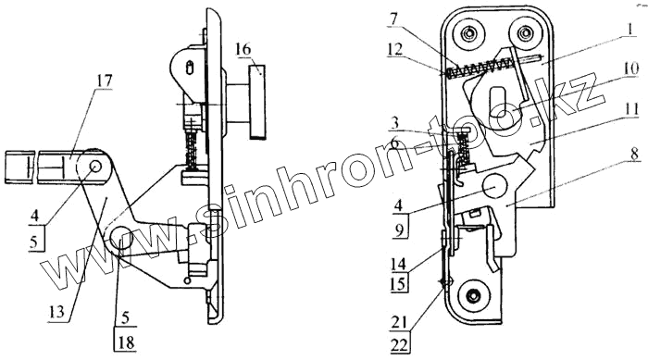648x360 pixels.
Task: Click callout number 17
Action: (104, 81)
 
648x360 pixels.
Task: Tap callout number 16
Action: (243, 50)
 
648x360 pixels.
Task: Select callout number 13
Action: (56, 311)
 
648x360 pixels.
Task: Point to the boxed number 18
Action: (127, 342)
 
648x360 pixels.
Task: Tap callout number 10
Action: (631, 68)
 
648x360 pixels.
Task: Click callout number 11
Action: (631, 109)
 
